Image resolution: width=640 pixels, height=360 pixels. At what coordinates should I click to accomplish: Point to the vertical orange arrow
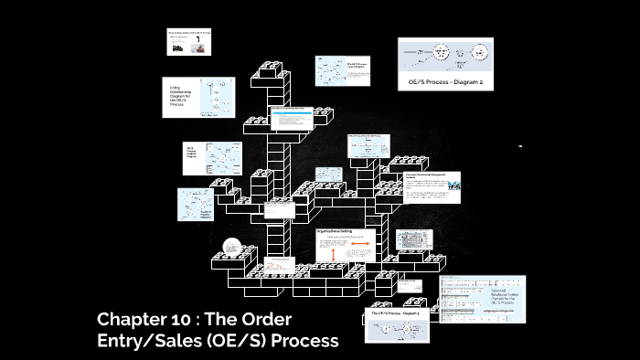click(333, 249)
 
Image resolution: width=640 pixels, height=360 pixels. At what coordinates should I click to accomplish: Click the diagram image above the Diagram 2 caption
click(445, 57)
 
